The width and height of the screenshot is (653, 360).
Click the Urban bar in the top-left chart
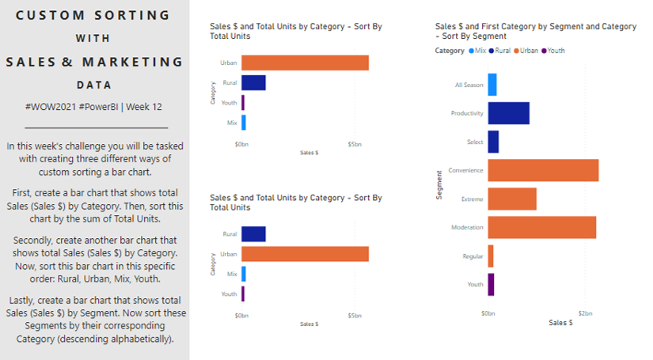[x=305, y=63]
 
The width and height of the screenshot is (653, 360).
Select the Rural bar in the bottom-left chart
[x=253, y=234]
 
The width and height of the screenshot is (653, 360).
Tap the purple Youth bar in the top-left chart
[x=243, y=103]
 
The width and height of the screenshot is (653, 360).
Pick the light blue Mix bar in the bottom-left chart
[x=244, y=274]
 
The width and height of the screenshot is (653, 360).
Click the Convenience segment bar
[x=544, y=170]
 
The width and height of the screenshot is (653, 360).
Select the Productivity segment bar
[x=509, y=113]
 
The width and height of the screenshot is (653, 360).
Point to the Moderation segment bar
[x=542, y=227]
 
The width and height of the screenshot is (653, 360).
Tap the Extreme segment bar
[x=512, y=199]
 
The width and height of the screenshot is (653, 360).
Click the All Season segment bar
[x=492, y=85]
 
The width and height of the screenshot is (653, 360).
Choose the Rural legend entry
[x=499, y=51]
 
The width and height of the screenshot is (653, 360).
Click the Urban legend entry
[x=526, y=51]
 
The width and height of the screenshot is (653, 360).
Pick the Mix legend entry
[x=477, y=51]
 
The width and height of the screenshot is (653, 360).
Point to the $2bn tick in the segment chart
[x=585, y=313]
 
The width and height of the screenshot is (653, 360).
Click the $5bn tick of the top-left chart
[x=355, y=145]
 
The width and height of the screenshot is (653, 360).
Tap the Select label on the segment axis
[x=475, y=142]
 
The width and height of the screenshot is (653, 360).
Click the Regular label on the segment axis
[x=473, y=256]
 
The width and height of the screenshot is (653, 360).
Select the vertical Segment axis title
[x=439, y=185]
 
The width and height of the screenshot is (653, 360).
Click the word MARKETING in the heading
[x=132, y=62]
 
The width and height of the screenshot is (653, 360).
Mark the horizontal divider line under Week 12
[x=97, y=127]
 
